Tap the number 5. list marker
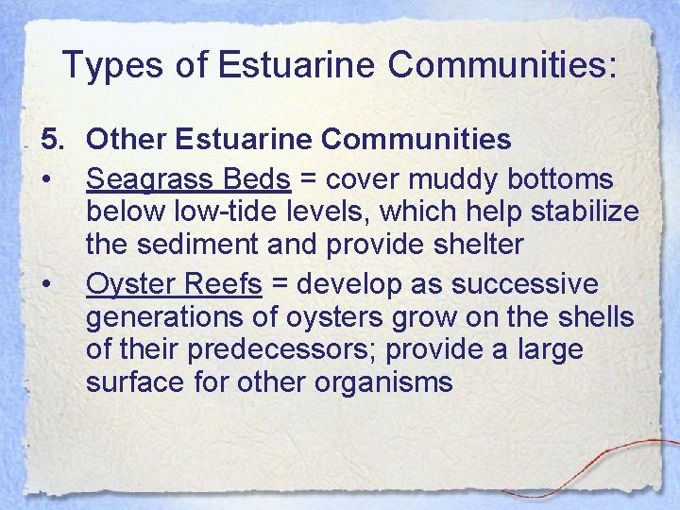click(x=54, y=140)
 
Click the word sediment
click(x=195, y=246)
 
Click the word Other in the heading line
click(x=126, y=140)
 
